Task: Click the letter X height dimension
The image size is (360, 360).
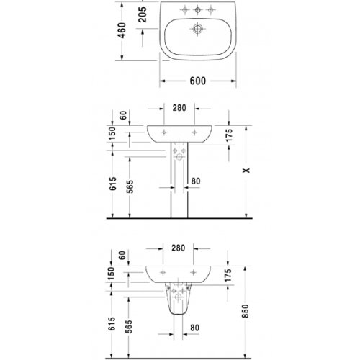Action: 247,170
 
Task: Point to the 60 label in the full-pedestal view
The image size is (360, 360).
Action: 124,114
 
